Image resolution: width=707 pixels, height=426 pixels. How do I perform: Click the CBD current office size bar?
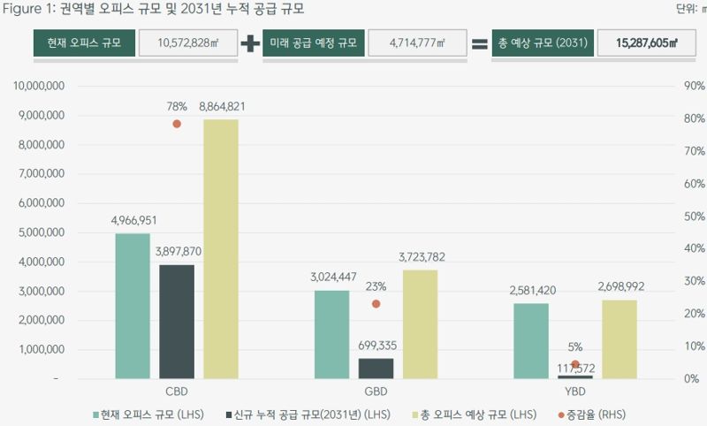tap(132, 306)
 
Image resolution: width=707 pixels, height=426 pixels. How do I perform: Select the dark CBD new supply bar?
tap(177, 322)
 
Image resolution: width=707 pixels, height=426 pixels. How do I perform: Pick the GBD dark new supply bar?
tap(376, 368)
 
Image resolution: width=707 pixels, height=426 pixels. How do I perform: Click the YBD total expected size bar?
tap(620, 339)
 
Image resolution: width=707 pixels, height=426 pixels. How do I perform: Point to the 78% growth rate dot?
tap(177, 124)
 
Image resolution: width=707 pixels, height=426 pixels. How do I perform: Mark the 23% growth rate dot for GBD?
tap(376, 303)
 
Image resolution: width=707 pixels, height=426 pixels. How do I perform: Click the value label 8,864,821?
tap(222, 107)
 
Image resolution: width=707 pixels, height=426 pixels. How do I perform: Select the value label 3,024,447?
tap(333, 277)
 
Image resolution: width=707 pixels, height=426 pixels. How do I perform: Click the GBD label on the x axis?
tap(376, 391)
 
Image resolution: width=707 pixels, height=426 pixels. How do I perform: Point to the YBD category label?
tap(575, 391)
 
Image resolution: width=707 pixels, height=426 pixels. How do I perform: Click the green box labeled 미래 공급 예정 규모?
tap(314, 43)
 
